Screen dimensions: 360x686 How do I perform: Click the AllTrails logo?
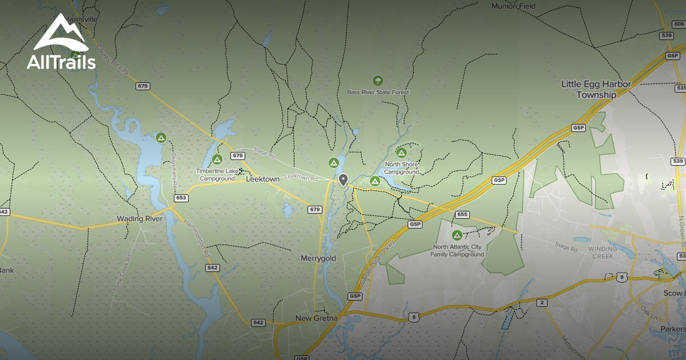61,43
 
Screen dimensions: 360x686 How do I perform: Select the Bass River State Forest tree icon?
377,81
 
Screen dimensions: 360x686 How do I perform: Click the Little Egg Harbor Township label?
596,90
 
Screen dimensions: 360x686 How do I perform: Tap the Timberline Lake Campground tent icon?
217,159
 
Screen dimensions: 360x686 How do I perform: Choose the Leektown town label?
262,179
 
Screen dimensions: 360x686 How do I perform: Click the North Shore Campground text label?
401,168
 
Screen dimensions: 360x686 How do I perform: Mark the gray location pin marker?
343,180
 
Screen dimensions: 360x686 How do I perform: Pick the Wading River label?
139,218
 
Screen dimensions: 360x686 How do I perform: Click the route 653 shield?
181,198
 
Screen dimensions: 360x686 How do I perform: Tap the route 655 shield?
462,214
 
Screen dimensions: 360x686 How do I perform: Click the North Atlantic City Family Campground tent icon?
457,235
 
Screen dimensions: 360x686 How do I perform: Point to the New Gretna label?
317,318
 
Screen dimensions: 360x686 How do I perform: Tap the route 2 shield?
540,302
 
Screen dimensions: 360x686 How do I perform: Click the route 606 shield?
679,24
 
